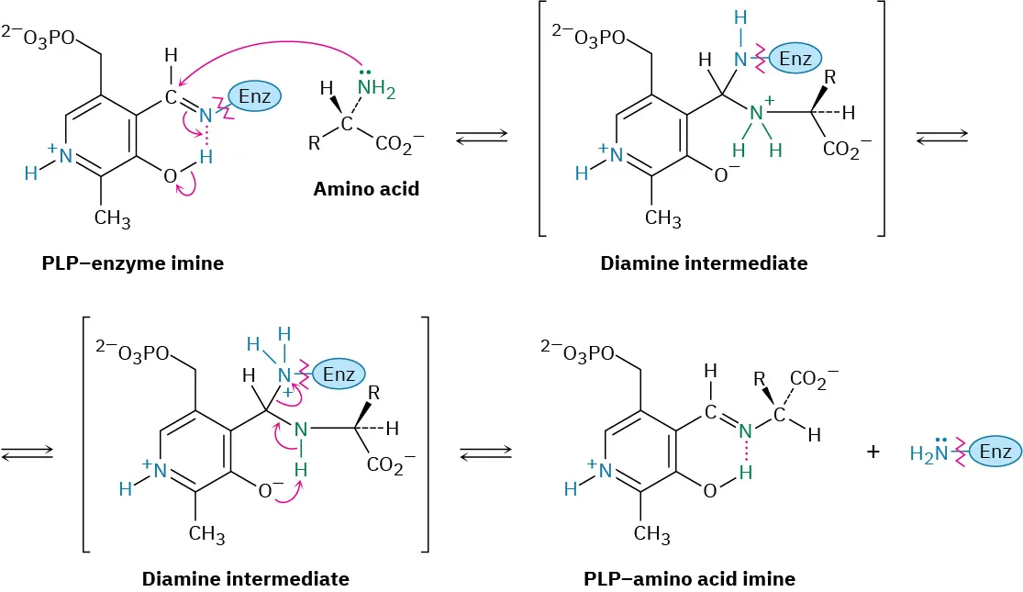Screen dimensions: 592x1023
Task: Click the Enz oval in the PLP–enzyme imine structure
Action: coord(253,95)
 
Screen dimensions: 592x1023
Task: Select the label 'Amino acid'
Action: coord(366,189)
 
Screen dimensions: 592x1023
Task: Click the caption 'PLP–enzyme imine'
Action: coord(132,263)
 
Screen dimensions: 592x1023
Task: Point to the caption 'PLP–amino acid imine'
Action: coord(689,579)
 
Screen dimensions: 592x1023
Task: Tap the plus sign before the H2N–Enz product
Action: coord(873,452)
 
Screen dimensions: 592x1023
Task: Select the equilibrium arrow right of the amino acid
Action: coord(482,137)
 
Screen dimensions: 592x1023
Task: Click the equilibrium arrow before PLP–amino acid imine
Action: coord(479,452)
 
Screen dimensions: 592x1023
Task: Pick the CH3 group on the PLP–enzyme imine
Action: coord(112,219)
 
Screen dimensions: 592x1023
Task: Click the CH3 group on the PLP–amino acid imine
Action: coord(651,533)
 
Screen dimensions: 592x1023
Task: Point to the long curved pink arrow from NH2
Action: coord(275,50)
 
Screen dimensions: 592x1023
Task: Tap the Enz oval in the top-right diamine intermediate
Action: coord(795,60)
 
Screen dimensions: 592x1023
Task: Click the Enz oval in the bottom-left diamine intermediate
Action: coord(338,372)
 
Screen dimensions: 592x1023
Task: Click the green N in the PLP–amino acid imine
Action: coord(746,430)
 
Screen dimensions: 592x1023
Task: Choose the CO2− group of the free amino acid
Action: coord(397,144)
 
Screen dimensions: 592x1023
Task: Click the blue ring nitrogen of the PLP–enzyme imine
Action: coord(65,156)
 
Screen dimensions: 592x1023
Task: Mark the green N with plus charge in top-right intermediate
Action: coord(756,114)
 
